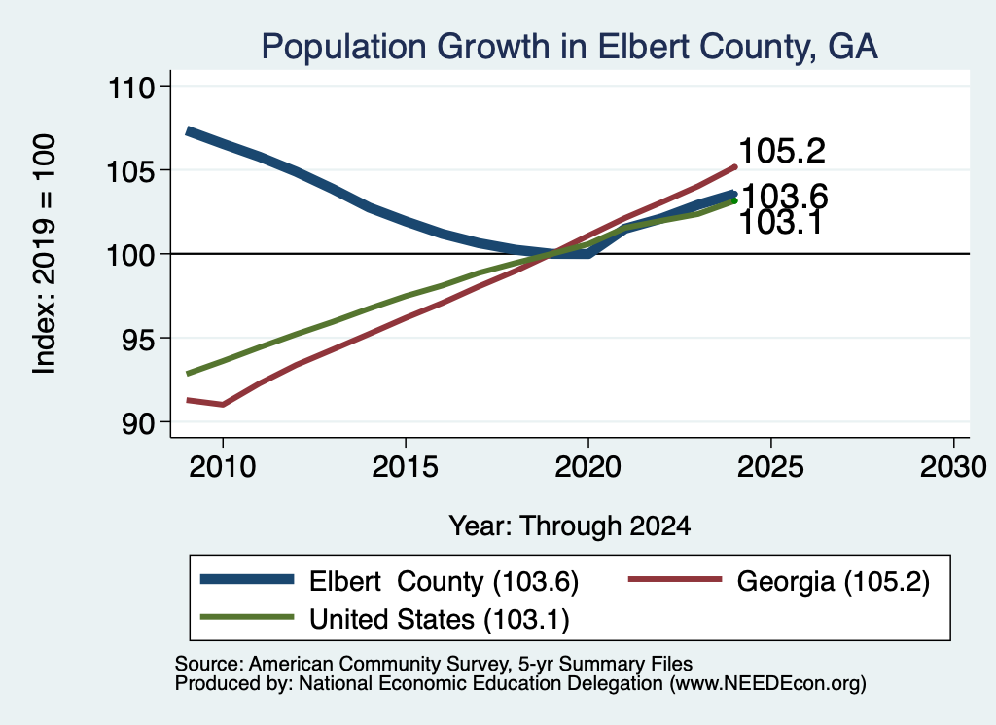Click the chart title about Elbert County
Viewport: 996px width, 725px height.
570,47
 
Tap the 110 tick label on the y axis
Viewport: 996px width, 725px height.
131,87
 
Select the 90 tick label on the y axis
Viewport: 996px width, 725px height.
138,423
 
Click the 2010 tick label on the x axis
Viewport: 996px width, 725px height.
223,467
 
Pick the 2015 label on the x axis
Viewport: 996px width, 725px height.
406,467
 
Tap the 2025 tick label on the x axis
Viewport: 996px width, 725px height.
771,467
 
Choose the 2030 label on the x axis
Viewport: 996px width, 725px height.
953,467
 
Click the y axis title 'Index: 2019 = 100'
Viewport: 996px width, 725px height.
45,254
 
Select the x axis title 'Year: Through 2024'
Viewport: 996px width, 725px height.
570,526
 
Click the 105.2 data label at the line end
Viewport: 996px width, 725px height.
782,151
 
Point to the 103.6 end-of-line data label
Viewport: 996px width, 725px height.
785,195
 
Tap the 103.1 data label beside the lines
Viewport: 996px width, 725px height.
781,223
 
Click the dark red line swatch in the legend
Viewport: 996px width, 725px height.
675,579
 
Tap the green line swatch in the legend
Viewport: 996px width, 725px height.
247,617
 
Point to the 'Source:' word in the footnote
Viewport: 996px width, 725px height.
209,664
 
